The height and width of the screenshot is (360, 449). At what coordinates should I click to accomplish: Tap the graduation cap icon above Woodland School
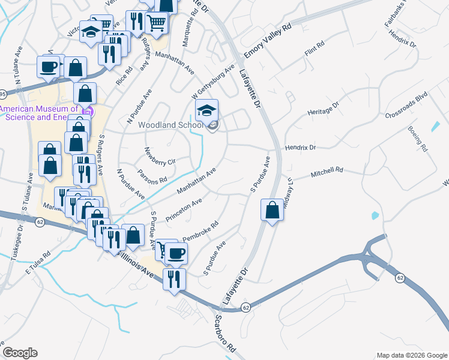click(x=206, y=111)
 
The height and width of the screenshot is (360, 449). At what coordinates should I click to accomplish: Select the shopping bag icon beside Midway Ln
click(x=272, y=211)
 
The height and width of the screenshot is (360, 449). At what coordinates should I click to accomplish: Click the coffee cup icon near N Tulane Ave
click(x=49, y=67)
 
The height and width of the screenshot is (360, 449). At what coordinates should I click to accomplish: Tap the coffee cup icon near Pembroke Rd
click(x=176, y=253)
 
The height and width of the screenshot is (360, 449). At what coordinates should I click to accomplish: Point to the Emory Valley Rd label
click(x=267, y=42)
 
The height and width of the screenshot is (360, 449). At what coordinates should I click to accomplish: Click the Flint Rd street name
click(x=315, y=50)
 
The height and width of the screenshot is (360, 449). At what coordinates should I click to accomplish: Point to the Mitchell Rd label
click(x=326, y=173)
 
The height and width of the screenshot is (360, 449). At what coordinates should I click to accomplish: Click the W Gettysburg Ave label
click(x=212, y=83)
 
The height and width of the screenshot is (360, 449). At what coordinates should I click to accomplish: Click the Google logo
click(x=20, y=353)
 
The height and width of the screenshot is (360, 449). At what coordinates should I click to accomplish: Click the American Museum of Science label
click(x=40, y=113)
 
